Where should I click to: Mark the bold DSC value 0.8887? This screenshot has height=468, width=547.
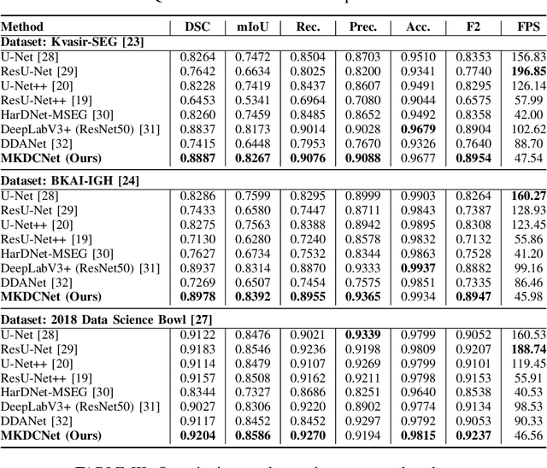coord(197,158)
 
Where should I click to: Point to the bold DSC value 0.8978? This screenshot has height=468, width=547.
coord(197,296)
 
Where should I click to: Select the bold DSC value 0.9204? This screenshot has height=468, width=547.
coord(197,436)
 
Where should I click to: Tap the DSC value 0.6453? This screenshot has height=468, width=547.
coord(197,100)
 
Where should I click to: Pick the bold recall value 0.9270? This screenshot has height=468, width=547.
coord(308,436)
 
